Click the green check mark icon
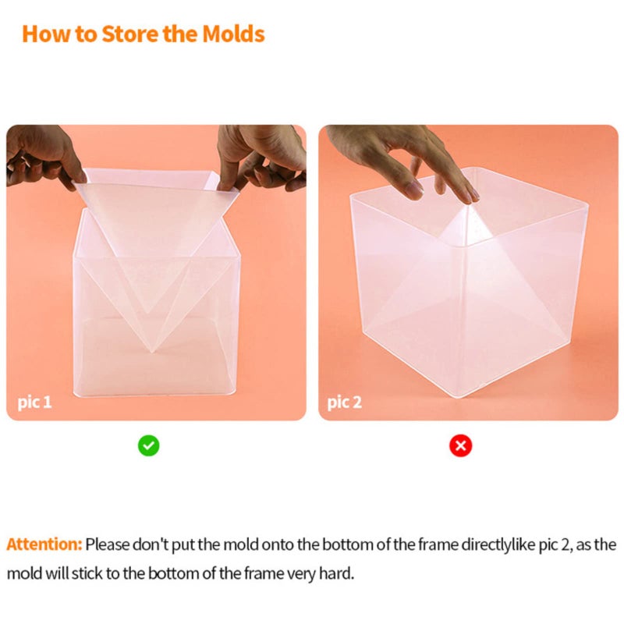tap(149, 445)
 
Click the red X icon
tap(461, 445)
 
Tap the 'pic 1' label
tap(34, 402)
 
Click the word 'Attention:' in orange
tap(44, 544)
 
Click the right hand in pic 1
tap(261, 156)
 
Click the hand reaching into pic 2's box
tap(413, 160)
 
